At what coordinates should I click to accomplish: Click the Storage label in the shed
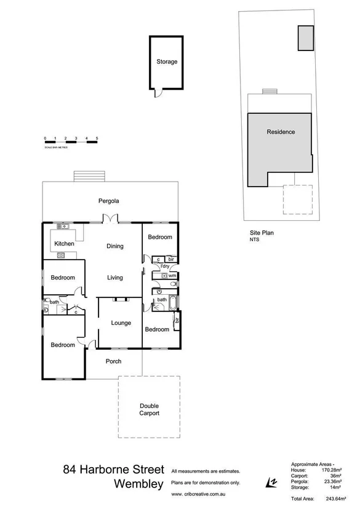(x=166, y=62)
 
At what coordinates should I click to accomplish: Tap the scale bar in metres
(x=71, y=142)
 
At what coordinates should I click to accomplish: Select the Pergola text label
(x=108, y=201)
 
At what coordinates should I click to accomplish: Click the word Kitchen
(x=64, y=244)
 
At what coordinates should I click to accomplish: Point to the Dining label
(x=115, y=246)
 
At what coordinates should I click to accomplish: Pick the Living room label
(x=115, y=278)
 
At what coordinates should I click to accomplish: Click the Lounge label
(x=119, y=323)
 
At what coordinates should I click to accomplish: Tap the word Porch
(x=113, y=361)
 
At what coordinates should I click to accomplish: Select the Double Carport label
(x=149, y=409)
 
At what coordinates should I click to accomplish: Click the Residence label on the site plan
(x=280, y=132)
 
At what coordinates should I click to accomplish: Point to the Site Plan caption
(x=261, y=233)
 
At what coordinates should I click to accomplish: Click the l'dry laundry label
(x=165, y=266)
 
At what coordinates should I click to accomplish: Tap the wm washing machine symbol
(x=172, y=276)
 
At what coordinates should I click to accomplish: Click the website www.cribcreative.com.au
(x=198, y=494)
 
